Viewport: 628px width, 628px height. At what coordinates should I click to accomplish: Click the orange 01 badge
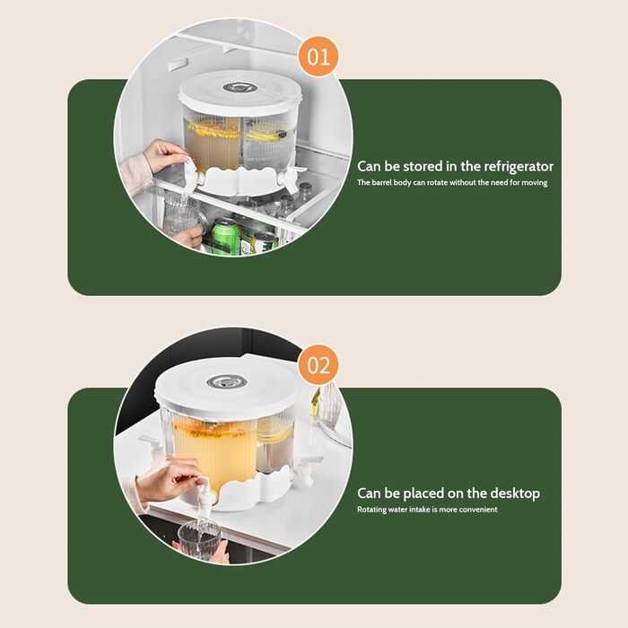[x=318, y=57]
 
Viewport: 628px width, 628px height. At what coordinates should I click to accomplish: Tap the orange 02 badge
[x=318, y=365]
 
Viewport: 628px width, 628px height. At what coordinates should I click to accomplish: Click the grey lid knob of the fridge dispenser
[x=235, y=87]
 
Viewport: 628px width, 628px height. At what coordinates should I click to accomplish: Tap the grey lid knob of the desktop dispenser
[x=226, y=381]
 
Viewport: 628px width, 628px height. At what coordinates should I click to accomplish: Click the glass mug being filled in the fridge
[x=181, y=214]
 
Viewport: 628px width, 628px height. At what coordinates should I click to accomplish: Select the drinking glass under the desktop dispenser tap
[x=199, y=538]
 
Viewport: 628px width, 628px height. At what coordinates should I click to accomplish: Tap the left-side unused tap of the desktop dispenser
[x=153, y=446]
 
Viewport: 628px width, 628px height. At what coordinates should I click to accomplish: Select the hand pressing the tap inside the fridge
[x=164, y=155]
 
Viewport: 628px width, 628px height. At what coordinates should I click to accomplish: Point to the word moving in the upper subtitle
[x=535, y=183]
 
